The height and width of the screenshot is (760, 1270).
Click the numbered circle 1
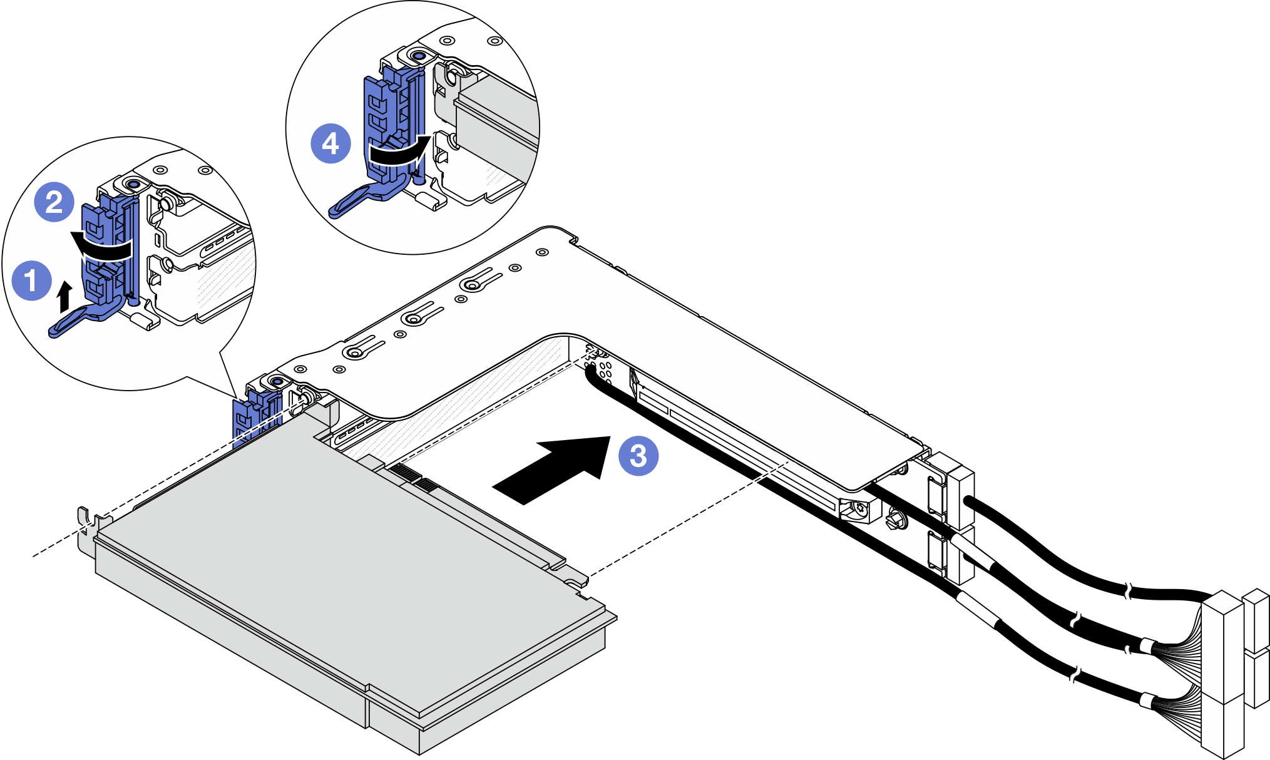click(x=32, y=280)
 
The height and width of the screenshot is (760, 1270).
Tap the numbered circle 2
click(x=54, y=202)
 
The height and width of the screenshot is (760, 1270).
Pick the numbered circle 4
click(x=330, y=143)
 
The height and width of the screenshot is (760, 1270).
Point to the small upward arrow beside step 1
click(x=63, y=297)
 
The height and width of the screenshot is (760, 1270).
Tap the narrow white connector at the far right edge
click(x=1257, y=651)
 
